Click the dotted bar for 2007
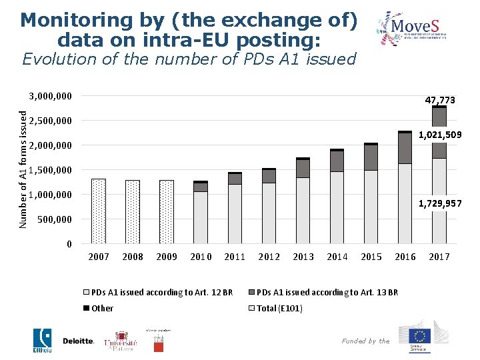click(99, 211)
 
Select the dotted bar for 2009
click(167, 211)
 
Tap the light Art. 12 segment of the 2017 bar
click(439, 200)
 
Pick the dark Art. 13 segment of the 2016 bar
click(405, 148)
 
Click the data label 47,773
click(440, 100)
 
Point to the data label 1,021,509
click(440, 135)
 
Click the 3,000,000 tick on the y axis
click(51, 96)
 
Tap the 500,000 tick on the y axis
click(54, 219)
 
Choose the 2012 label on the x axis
click(269, 257)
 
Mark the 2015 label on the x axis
click(371, 257)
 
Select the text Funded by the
click(365, 341)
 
